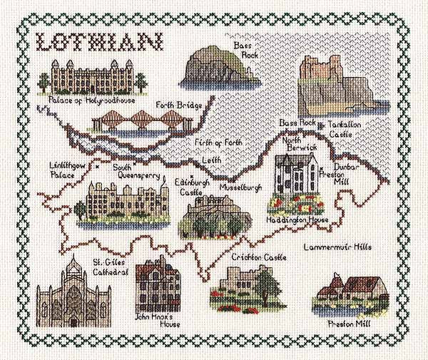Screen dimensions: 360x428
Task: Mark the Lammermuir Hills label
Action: pyautogui.click(x=347, y=247)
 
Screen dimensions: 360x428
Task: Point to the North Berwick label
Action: pyautogui.click(x=294, y=145)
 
